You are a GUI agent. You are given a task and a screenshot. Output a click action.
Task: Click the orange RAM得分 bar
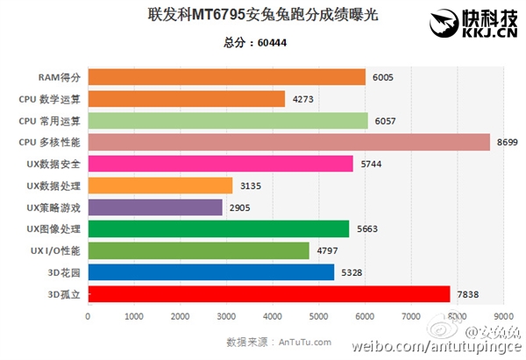[227, 77]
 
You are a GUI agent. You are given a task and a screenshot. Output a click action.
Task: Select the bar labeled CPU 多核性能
[289, 142]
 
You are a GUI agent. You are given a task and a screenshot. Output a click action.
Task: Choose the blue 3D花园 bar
[211, 272]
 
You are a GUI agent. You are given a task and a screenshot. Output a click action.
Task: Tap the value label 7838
[468, 294]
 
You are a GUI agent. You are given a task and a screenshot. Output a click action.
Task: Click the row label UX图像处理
[53, 229]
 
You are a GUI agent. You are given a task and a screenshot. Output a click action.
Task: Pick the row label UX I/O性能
[53, 251]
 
